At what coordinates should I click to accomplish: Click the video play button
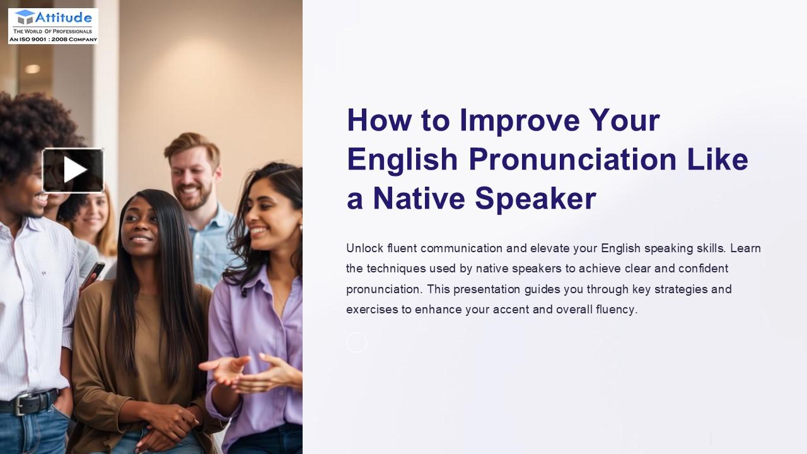point(73,170)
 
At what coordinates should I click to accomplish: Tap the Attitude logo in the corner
point(53,26)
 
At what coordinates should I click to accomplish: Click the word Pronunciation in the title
point(572,159)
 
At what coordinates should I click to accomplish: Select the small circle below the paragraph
point(356,342)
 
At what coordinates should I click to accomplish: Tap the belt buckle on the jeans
point(21,404)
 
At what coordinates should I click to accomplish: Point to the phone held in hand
point(95,272)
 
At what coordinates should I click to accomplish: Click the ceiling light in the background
point(32,69)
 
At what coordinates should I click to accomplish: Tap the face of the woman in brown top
point(140,228)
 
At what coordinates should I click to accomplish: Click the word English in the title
point(402,159)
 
